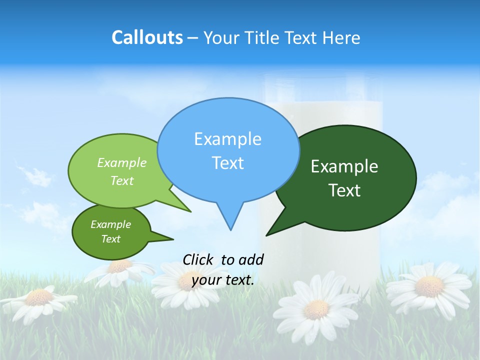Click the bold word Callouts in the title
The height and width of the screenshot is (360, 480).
click(x=147, y=37)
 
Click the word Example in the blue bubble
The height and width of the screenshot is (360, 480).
click(x=227, y=139)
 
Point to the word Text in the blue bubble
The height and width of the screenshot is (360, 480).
click(x=227, y=163)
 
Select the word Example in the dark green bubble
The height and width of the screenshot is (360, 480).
click(x=344, y=166)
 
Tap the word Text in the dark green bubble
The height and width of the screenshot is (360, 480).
click(x=344, y=190)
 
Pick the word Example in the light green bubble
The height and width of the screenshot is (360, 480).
click(x=122, y=162)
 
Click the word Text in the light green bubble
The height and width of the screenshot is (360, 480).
click(x=122, y=180)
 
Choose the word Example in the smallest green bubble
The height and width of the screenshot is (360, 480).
click(x=111, y=224)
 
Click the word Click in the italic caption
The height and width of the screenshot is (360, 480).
click(x=198, y=259)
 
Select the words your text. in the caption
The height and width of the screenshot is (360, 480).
click(x=223, y=280)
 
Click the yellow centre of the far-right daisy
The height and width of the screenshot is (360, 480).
click(x=429, y=286)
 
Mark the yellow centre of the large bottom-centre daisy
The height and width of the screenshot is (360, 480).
click(x=316, y=309)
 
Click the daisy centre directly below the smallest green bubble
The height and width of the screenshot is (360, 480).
click(x=119, y=265)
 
